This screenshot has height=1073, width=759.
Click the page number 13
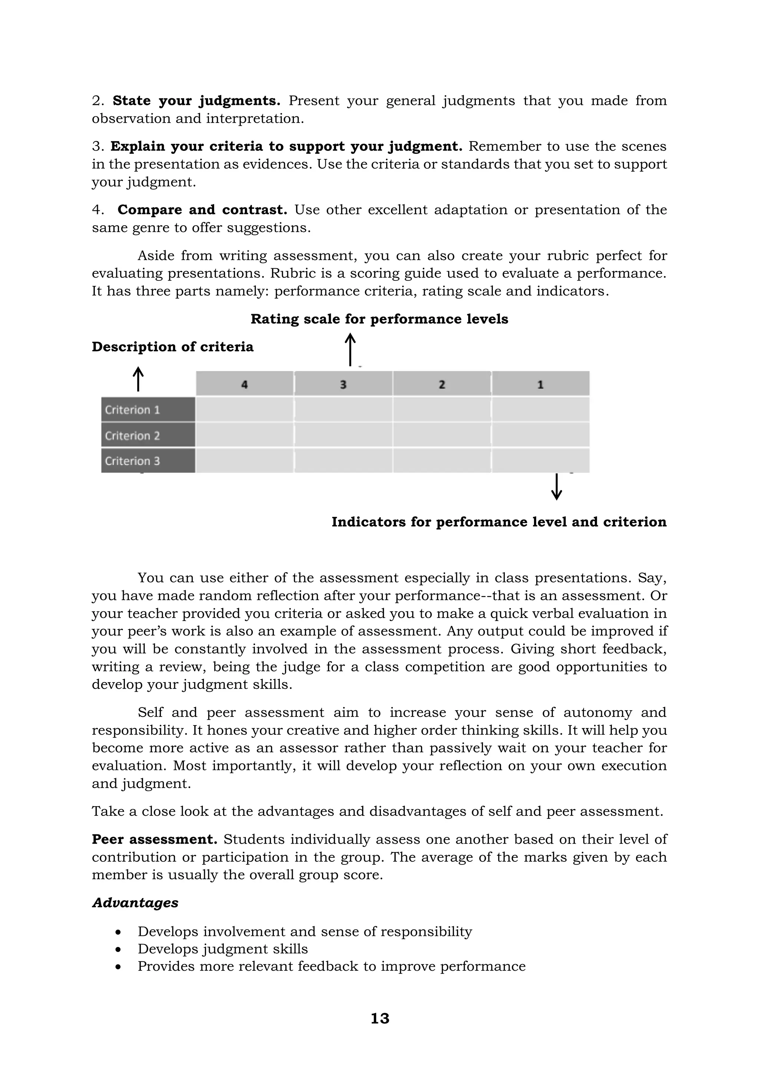[x=379, y=1018]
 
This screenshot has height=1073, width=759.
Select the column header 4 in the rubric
[x=245, y=384]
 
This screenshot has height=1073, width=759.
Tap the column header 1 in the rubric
[x=540, y=384]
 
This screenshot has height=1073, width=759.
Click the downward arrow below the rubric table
[x=556, y=486]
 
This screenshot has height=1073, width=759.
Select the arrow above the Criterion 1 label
[x=138, y=379]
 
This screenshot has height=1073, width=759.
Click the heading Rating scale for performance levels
[x=379, y=319]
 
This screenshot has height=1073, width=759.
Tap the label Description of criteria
[x=172, y=347]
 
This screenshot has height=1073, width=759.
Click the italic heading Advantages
[x=135, y=903]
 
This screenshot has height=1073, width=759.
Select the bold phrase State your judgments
[x=196, y=101]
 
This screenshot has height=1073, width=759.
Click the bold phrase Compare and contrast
[x=202, y=210]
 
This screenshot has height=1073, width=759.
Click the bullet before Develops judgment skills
[x=119, y=950]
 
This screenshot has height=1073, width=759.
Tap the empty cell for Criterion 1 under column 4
[x=245, y=410]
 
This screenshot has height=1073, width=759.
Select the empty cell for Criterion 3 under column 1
[x=540, y=461]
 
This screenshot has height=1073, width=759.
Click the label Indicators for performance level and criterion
[x=499, y=522]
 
